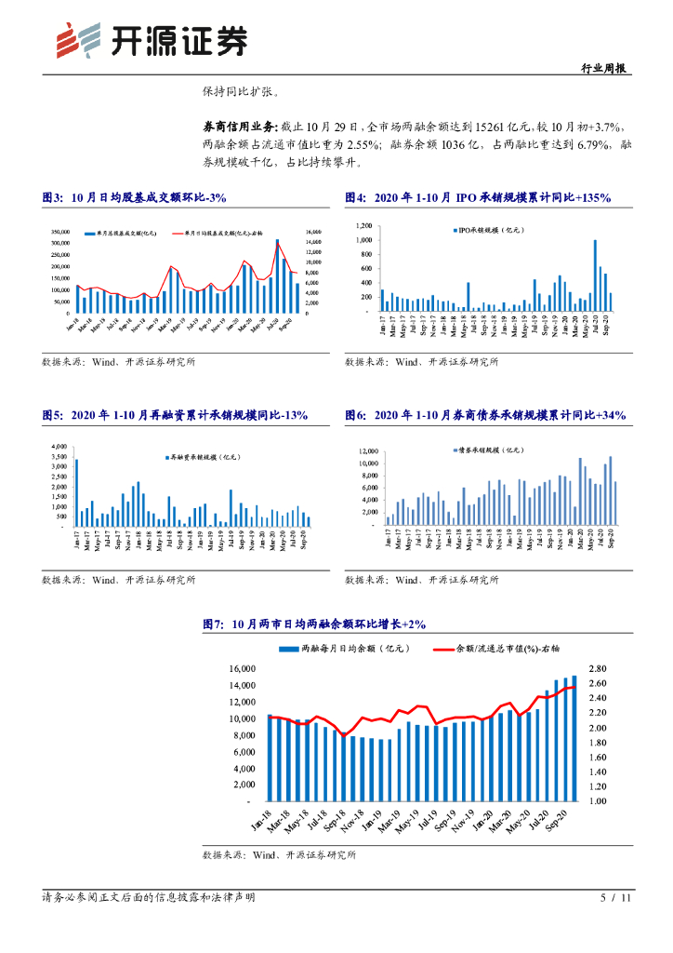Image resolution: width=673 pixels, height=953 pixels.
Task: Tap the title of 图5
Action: tap(175, 415)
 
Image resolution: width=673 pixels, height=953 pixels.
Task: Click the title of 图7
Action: tap(313, 626)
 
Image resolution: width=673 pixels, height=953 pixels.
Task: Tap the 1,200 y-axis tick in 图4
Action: tap(363, 225)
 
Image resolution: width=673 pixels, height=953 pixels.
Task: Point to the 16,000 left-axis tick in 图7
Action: tap(242, 669)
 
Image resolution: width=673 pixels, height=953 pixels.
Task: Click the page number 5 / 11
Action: tap(616, 897)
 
